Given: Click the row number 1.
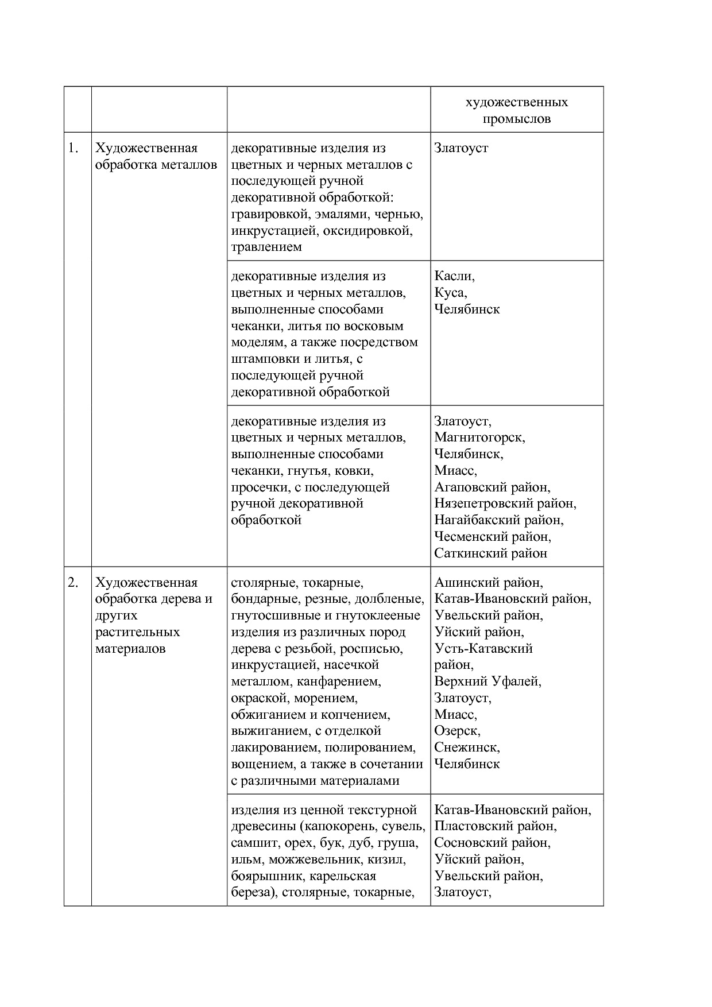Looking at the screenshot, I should [x=72, y=148].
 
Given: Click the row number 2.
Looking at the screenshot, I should [x=72, y=583].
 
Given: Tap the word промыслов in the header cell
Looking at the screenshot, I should [x=516, y=119].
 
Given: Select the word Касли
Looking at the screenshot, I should [x=454, y=276].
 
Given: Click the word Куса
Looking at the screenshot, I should [x=450, y=293].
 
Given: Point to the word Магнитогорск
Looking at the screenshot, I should [x=479, y=437].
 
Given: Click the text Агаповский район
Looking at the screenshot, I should [x=492, y=487].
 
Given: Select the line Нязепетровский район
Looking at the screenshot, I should [x=505, y=504].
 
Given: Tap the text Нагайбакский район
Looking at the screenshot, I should [x=498, y=520].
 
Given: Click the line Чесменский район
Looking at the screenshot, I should [x=492, y=537].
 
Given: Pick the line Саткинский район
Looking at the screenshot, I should [x=490, y=553].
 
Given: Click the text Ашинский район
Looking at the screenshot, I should [x=488, y=583].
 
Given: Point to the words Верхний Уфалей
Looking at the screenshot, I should [x=487, y=681].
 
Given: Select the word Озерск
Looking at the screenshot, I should [x=457, y=731].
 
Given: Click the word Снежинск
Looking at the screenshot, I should [x=466, y=747].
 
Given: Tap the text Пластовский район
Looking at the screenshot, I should [x=495, y=826].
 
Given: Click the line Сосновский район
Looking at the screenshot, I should [x=492, y=843].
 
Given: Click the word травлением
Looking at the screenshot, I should [x=266, y=247].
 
